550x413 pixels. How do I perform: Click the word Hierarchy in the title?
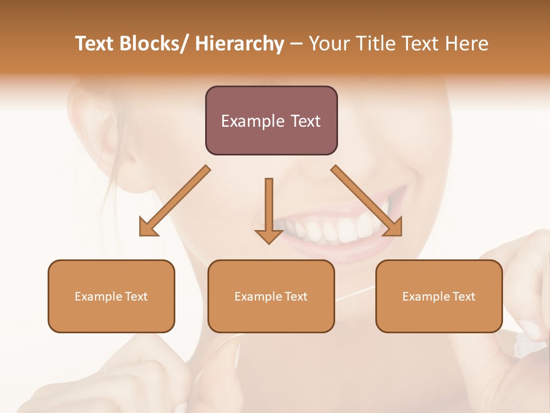pos(239,44)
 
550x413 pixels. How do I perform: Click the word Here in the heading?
pos(468,44)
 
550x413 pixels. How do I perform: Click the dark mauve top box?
pos(271,141)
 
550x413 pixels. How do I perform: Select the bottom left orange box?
pos(111,315)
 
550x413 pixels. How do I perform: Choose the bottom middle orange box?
pos(271,315)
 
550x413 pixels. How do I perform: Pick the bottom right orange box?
pos(439,315)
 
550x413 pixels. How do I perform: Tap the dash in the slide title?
pos(296,44)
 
